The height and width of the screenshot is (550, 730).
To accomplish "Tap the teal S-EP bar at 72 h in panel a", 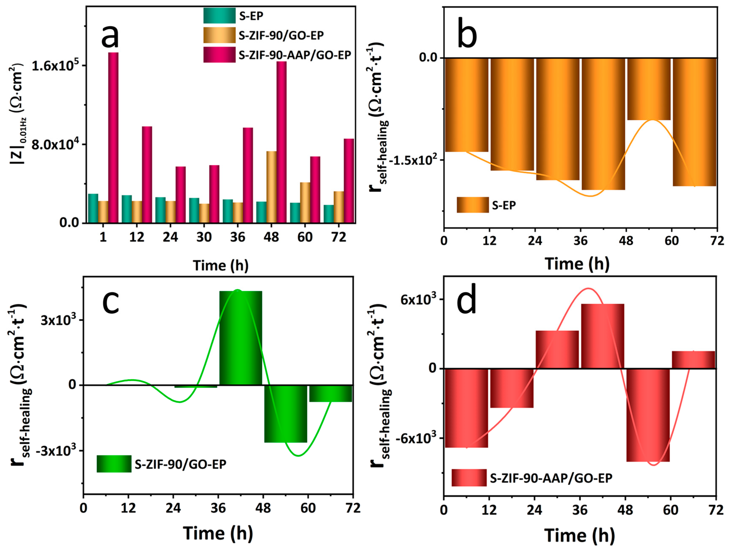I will pyautogui.click(x=328, y=214).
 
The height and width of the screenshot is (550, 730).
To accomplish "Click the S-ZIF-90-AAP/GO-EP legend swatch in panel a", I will pyautogui.click(x=219, y=55).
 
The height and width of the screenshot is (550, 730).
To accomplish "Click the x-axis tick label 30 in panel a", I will pyautogui.click(x=204, y=237).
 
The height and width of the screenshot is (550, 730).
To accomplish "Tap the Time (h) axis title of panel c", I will pyautogui.click(x=218, y=533).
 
